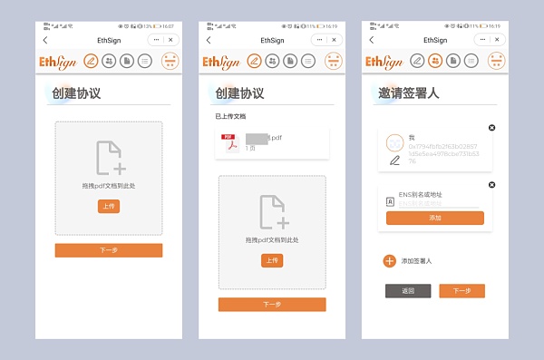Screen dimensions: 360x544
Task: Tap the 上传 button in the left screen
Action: tap(108, 206)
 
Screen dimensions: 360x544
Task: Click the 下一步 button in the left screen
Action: tap(108, 249)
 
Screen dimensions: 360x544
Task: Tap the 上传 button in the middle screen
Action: tap(271, 260)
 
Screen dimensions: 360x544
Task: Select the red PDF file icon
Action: tap(229, 142)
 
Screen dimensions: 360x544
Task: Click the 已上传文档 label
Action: tap(230, 117)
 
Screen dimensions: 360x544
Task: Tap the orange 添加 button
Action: tap(434, 218)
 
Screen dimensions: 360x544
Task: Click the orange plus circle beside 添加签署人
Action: tap(389, 261)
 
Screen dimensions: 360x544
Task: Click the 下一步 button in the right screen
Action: tap(461, 291)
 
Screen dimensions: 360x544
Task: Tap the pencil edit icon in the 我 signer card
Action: tap(394, 161)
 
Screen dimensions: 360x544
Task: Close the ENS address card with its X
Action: tap(492, 184)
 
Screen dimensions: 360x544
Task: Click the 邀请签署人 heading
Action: tap(409, 93)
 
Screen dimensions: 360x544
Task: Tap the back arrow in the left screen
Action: tap(45, 40)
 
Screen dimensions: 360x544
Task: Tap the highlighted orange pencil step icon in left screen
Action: tap(91, 61)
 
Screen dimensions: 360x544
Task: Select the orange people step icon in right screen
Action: tap(435, 61)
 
